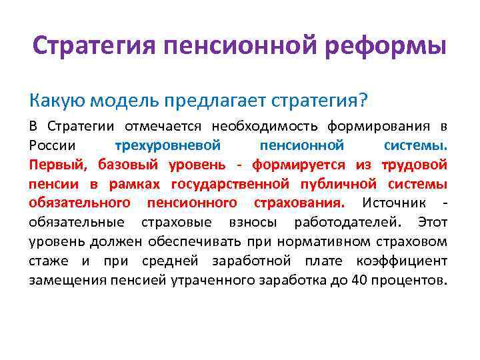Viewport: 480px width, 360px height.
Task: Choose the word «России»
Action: point(51,145)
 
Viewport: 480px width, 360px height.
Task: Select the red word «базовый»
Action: point(127,165)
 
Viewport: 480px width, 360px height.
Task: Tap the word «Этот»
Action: point(432,221)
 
